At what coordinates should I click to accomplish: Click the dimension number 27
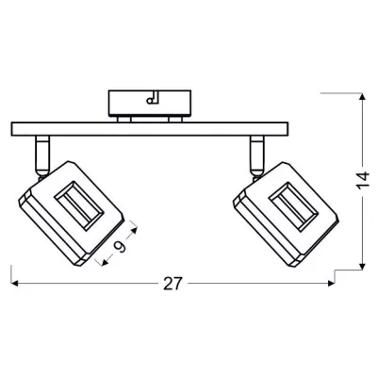pos(172,284)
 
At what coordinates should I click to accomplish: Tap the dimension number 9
pos(120,247)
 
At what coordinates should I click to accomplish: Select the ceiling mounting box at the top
pos(150,103)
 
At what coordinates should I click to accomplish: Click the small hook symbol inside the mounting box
pos(154,98)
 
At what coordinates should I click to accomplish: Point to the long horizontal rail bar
pos(150,129)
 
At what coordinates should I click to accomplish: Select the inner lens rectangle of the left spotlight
pos(79,206)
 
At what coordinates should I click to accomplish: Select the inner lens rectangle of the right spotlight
pos(293,206)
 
